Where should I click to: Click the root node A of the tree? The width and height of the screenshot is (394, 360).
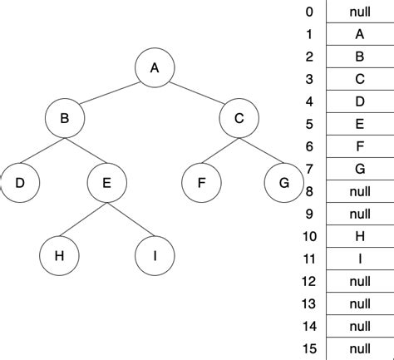[154, 68]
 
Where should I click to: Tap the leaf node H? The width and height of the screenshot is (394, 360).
[59, 255]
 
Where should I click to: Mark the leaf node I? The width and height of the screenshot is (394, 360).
[155, 255]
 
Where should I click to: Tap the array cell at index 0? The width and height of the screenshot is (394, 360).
[359, 12]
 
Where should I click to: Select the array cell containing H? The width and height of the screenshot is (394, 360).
[359, 236]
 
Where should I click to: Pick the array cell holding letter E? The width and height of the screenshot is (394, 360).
[359, 124]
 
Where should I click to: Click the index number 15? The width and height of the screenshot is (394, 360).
[309, 348]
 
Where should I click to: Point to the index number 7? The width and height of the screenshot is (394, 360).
[309, 169]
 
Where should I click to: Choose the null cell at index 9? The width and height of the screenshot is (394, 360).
[359, 214]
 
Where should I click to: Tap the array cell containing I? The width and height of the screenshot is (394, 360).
[359, 259]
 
